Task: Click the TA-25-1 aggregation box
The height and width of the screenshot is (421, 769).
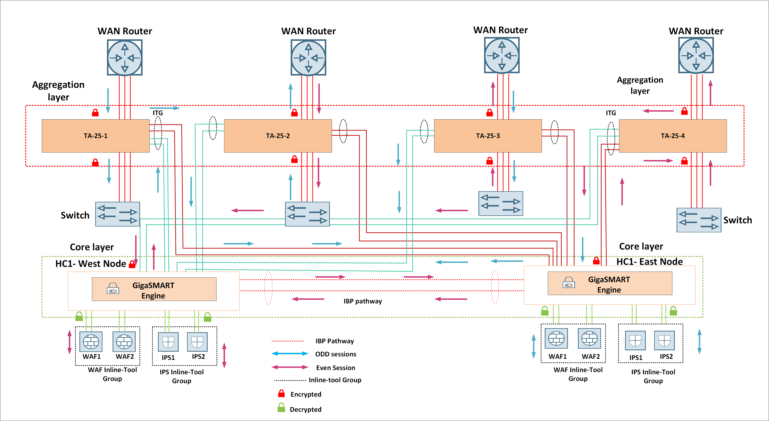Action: (x=95, y=136)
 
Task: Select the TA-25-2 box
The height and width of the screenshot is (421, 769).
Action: (x=278, y=136)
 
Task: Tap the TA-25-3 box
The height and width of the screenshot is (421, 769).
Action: (x=488, y=136)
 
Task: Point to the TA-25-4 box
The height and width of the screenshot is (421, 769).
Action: (x=673, y=136)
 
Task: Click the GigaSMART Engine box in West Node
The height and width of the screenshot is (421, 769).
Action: (x=154, y=289)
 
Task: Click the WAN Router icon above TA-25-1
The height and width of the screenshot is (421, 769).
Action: (x=125, y=57)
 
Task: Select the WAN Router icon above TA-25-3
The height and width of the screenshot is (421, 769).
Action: (x=502, y=55)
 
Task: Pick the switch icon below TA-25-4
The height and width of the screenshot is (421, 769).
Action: (x=699, y=220)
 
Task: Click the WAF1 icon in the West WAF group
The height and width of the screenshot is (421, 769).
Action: (x=91, y=341)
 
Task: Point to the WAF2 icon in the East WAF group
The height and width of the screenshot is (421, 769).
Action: (x=589, y=338)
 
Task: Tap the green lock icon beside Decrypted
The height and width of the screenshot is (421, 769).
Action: (x=281, y=408)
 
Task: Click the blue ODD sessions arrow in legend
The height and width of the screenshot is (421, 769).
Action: (x=290, y=354)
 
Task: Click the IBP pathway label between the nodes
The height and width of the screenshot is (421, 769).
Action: (x=362, y=301)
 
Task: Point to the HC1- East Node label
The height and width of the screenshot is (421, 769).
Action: (x=650, y=262)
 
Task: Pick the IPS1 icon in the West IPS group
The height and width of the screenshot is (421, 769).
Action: (x=168, y=342)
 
